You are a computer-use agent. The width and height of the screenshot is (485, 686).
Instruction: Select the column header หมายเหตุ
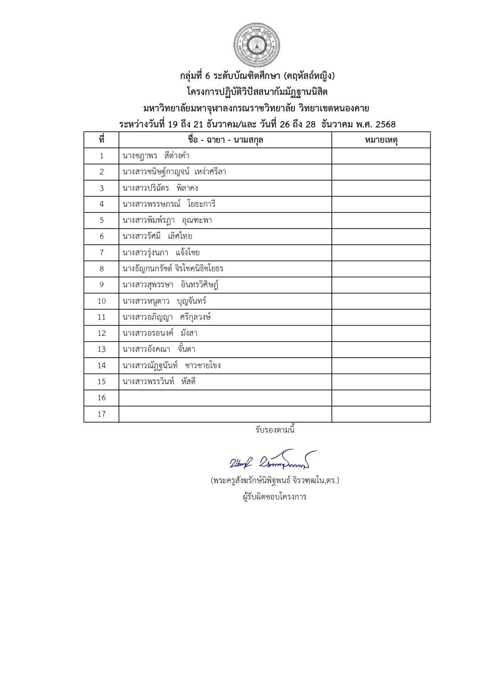[x=381, y=140]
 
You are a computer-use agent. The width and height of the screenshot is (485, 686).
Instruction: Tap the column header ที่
[x=102, y=140]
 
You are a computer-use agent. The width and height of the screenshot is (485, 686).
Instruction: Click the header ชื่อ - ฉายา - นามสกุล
[x=225, y=140]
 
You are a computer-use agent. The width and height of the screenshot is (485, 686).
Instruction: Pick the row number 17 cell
[x=102, y=414]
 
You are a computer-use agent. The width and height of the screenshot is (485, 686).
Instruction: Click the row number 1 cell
[x=102, y=156]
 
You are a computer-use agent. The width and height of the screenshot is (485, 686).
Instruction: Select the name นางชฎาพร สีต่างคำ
[x=156, y=156]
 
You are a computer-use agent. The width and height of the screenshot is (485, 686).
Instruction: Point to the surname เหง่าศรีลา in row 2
[x=210, y=172]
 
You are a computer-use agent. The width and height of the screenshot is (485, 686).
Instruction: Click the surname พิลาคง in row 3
[x=187, y=188]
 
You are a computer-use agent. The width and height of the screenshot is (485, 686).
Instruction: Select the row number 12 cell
[x=102, y=333]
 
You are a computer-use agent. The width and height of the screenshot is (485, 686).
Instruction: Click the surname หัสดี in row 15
[x=188, y=382]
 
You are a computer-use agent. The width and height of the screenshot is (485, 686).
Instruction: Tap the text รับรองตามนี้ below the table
[x=275, y=430]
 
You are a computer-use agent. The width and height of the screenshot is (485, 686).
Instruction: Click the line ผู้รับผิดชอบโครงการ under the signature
[x=274, y=497]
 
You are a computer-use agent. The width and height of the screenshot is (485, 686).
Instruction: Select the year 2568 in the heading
[x=385, y=125]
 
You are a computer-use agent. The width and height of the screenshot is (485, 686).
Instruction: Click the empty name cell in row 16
[x=225, y=398]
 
